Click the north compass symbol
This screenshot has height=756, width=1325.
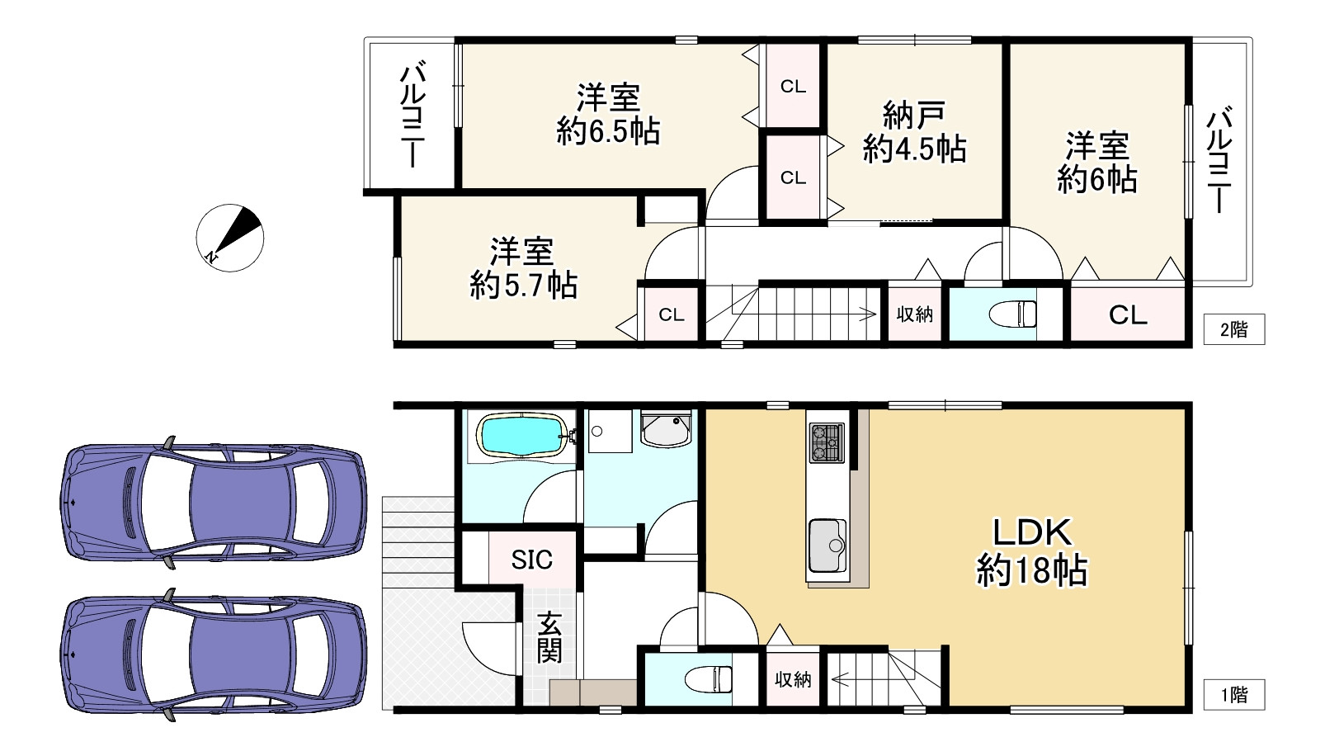coord(230,238)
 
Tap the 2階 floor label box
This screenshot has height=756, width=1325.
coord(1233,330)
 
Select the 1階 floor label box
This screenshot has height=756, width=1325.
coord(1233,695)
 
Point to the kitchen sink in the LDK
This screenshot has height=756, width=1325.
coord(828,546)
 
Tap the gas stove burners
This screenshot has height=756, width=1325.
coord(827,442)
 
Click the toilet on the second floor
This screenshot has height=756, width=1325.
coord(1016,314)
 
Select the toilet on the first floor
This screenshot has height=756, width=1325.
coord(710,679)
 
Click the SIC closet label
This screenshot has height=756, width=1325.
coord(531,560)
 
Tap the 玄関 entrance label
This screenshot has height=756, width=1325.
coord(549,637)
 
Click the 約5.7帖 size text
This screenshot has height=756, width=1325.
coord(524,286)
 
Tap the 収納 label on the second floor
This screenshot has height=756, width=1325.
coord(915,314)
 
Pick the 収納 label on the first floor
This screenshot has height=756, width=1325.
coord(793,679)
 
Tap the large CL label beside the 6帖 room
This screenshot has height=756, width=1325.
coord(1128,314)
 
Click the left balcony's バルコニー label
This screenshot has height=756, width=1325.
coord(412,116)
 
